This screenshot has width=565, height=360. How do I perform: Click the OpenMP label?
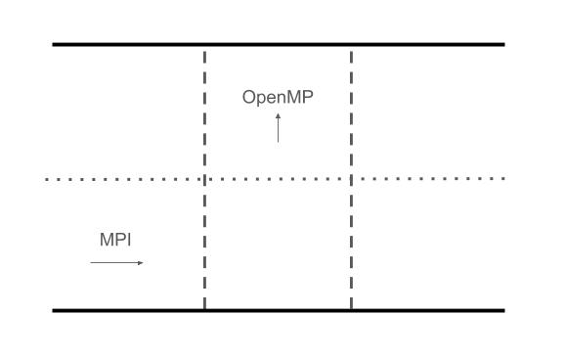point(278,98)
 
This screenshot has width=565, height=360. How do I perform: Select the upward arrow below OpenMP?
point(278,128)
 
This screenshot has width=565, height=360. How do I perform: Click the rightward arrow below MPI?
point(116,262)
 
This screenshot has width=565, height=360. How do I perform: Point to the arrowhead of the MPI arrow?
point(141,262)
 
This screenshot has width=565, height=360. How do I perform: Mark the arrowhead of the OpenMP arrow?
point(278,115)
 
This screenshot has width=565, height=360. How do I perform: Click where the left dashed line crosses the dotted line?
point(204,179)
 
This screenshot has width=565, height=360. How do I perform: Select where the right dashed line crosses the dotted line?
point(351,179)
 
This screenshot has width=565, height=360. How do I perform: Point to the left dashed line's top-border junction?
point(204,45)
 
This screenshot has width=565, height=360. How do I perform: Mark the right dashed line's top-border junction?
point(351,45)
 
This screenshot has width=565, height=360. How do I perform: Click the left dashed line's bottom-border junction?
point(204,310)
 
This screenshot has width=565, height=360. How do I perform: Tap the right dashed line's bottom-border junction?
point(351,310)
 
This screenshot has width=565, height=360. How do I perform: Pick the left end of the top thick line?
point(54,45)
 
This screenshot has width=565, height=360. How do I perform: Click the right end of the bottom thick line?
point(503,310)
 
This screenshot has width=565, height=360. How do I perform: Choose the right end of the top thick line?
point(503,45)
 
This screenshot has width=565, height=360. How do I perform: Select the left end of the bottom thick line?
point(54,310)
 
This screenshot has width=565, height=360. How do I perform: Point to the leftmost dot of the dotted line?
point(47,179)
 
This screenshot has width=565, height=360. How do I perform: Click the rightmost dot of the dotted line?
point(503,179)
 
